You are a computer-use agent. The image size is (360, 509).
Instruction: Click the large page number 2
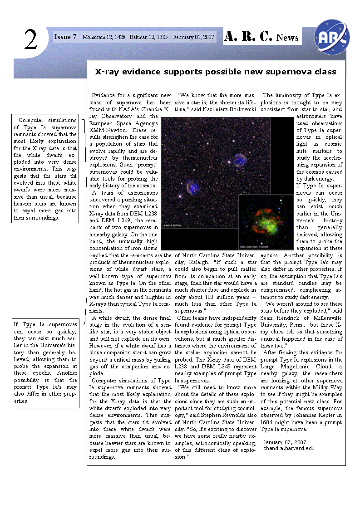pos(30,40)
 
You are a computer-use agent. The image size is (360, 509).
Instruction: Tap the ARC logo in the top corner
pos(332,36)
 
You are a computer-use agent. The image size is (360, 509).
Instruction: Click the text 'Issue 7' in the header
pos(65,37)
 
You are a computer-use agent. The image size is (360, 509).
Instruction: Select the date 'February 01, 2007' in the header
pos(193,37)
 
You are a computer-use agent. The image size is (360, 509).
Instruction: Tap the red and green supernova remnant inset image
pos(267,222)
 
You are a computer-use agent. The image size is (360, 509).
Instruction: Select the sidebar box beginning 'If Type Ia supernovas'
pos(45,363)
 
